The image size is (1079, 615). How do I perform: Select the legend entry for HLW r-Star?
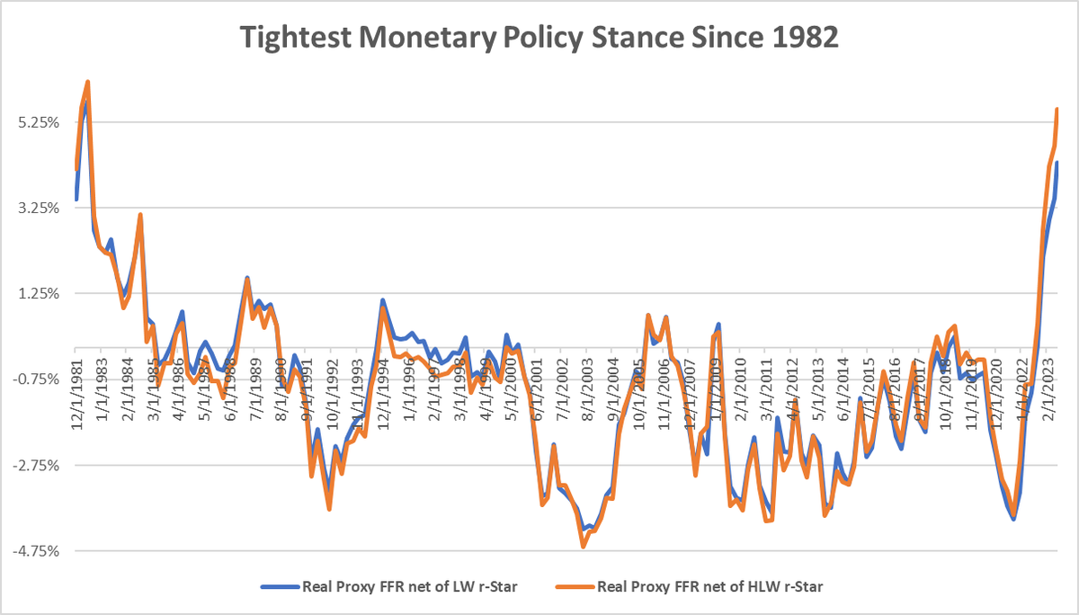click(x=701, y=587)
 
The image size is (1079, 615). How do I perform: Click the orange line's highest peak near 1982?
click(x=87, y=82)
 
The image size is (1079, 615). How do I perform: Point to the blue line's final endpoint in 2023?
click(x=1057, y=163)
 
